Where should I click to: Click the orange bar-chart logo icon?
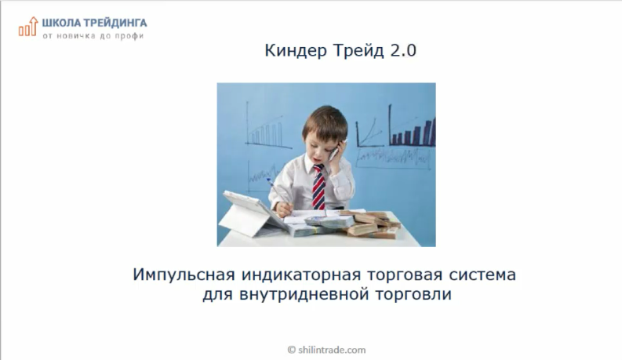click(28, 27)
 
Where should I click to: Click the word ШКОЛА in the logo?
click(63, 23)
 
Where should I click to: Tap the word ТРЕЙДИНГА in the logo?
click(116, 23)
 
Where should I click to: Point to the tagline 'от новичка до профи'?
click(93, 35)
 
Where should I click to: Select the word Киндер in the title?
click(290, 52)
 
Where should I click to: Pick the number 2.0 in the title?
click(401, 52)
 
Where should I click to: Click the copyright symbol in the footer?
click(292, 350)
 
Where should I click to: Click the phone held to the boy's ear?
click(332, 150)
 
